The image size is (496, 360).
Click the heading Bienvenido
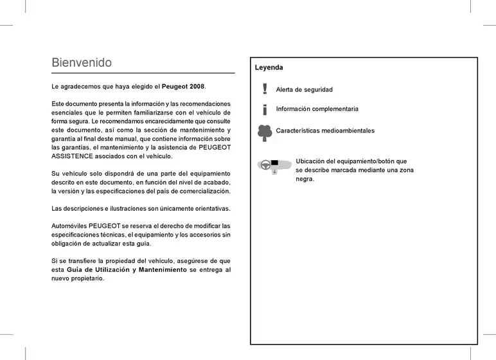82,63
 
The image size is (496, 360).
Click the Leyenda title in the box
269,67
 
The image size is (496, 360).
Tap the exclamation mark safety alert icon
265,89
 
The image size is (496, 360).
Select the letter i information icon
265,109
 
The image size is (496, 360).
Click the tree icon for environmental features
265,132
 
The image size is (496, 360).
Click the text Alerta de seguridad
304,90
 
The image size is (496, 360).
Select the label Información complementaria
317,109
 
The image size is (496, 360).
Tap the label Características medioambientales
325,131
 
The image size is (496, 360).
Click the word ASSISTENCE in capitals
73,156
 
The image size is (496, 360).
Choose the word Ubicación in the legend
312,161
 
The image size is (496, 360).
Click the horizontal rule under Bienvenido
143,73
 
